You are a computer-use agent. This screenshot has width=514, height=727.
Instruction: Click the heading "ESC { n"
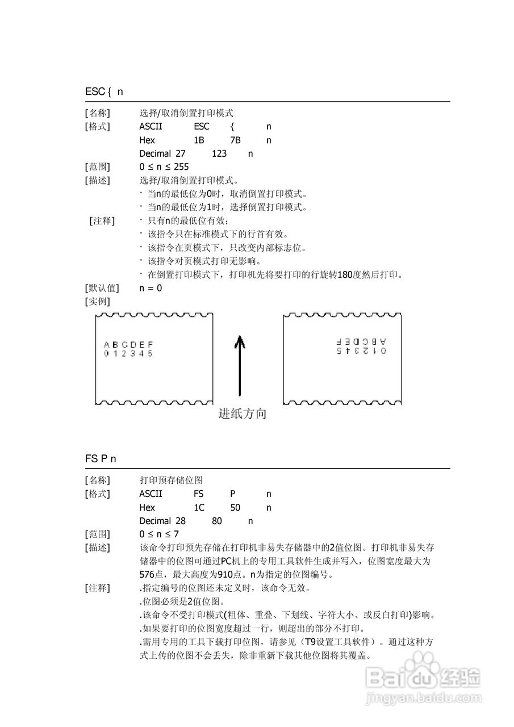click(104, 91)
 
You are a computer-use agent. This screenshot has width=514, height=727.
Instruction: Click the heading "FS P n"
click(101, 458)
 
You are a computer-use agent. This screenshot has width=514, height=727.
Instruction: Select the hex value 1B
click(199, 140)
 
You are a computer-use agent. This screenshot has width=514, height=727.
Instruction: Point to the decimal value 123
click(219, 153)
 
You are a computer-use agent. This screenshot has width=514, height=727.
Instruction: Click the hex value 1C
click(199, 507)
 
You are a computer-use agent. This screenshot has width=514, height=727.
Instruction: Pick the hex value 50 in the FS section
click(236, 507)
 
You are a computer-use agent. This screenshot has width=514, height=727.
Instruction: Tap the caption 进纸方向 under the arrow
click(243, 414)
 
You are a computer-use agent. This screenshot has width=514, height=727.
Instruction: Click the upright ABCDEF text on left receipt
click(128, 344)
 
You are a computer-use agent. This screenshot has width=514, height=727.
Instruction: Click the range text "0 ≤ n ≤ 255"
click(164, 167)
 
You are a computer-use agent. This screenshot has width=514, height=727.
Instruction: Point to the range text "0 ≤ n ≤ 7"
click(159, 534)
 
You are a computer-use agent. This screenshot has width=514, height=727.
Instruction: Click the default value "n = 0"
click(151, 288)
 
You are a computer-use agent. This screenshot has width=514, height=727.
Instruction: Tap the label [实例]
click(97, 301)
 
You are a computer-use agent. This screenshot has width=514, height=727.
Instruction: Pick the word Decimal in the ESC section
click(155, 153)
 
